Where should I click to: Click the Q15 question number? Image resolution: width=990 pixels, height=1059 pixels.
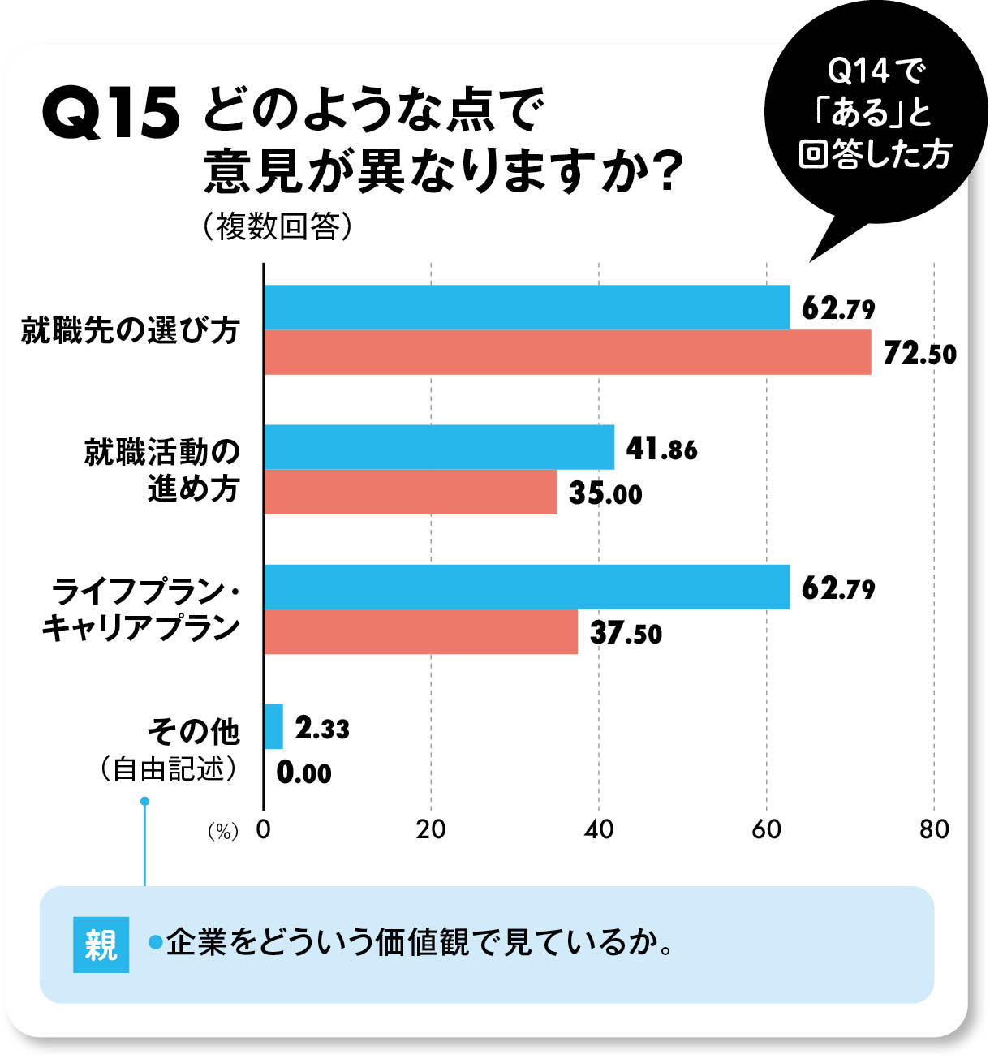coord(110,114)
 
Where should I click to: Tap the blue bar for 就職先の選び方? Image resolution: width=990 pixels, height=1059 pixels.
coord(526,308)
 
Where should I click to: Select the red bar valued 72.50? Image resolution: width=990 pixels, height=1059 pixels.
coord(566,352)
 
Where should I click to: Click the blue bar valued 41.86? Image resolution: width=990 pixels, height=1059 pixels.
coord(438,447)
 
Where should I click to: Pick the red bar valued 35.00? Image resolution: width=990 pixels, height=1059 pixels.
coord(410,492)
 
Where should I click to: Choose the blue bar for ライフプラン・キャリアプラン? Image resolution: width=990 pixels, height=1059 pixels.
coord(526,587)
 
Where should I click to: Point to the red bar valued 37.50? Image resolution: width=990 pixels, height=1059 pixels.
coord(420,631)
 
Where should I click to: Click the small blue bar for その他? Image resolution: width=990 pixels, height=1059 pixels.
coord(273,726)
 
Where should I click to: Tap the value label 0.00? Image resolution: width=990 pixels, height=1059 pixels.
coord(303,772)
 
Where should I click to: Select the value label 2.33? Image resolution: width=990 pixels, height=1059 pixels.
coord(321,727)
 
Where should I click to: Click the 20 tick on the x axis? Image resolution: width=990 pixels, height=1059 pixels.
coord(431,829)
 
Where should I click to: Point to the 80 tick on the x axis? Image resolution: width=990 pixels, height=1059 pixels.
coord(934,829)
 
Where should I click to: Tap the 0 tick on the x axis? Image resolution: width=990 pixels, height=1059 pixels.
coord(263,829)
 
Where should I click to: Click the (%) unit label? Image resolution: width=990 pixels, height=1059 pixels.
coord(222,832)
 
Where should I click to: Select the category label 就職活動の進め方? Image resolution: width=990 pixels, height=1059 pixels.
coord(162,470)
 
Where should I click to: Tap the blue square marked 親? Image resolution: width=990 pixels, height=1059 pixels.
coord(101,945)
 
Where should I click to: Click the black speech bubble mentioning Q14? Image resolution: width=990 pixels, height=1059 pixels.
coord(875,114)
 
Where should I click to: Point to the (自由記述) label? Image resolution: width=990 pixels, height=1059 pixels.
coord(169,768)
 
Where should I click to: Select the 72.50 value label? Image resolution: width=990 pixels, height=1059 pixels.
coord(919,354)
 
